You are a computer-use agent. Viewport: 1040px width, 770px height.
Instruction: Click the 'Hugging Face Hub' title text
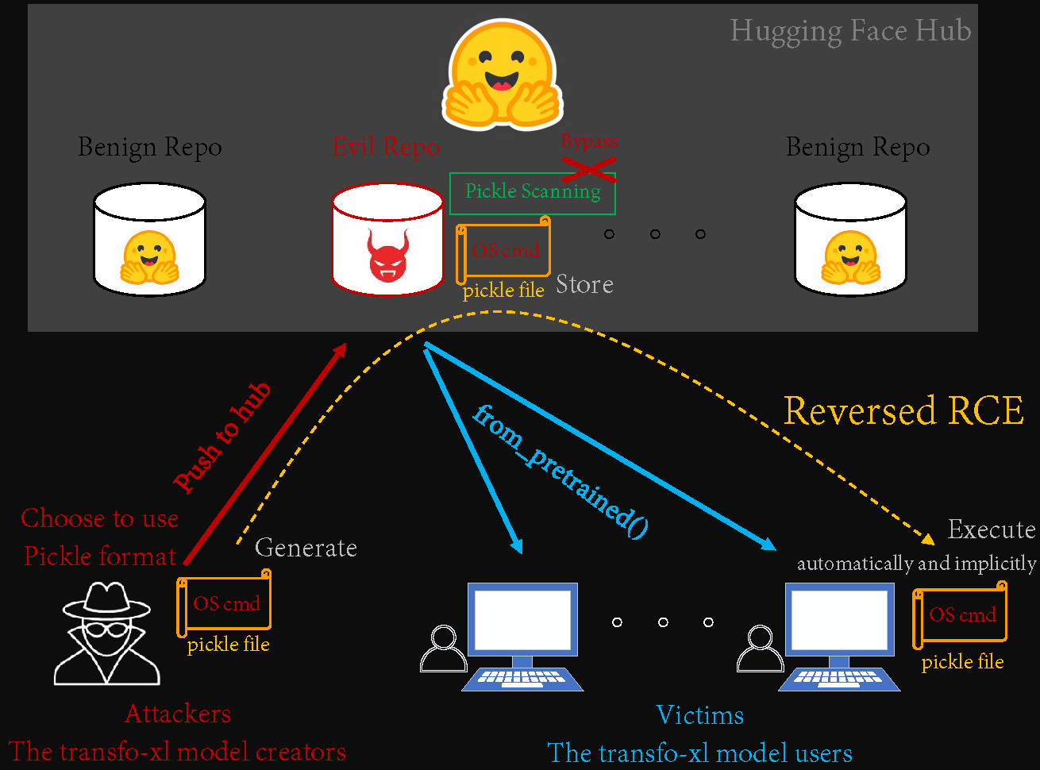(850, 31)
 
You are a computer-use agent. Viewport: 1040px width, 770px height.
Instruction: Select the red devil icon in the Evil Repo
(387, 255)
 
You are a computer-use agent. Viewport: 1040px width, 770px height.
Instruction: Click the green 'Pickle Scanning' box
(533, 192)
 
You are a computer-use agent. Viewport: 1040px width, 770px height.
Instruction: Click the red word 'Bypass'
(589, 142)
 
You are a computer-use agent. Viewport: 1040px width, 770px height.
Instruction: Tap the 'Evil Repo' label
(386, 147)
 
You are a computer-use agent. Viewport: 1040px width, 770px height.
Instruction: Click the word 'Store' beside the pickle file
(584, 284)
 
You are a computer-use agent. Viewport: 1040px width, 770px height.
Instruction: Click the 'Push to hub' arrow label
(222, 436)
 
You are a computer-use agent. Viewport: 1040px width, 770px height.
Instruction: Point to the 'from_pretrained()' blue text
(560, 473)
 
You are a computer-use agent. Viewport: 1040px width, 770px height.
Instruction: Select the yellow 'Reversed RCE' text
(903, 411)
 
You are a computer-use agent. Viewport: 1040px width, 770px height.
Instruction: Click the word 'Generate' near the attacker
(306, 548)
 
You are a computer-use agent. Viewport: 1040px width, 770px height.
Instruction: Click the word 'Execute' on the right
(991, 529)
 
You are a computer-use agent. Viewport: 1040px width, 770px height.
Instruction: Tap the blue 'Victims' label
(699, 715)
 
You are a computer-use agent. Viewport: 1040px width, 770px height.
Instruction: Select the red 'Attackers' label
(178, 714)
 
